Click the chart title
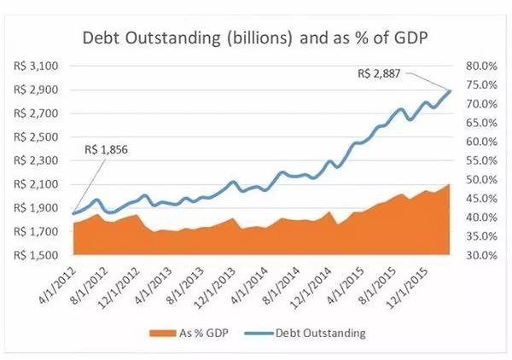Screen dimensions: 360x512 255,38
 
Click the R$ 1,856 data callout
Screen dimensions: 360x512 107,149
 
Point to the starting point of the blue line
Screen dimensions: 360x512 74,213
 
